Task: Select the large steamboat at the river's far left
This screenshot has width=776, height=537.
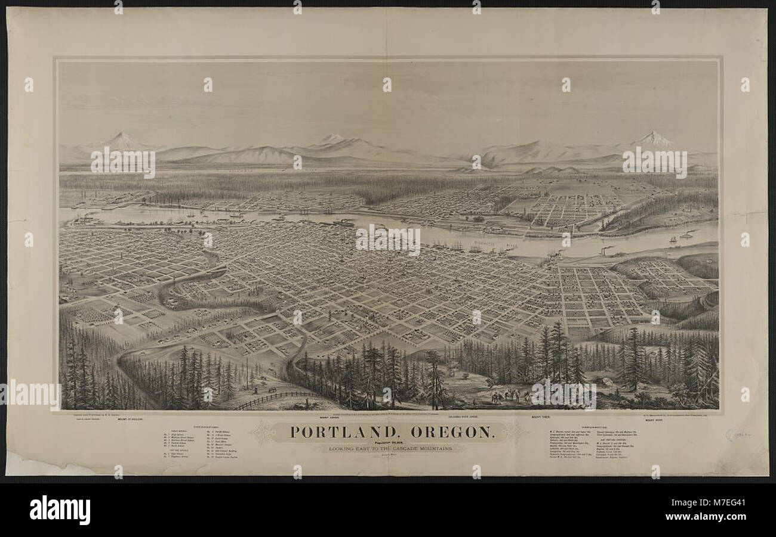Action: point(85,220)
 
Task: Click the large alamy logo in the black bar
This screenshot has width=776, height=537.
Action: point(60,510)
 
